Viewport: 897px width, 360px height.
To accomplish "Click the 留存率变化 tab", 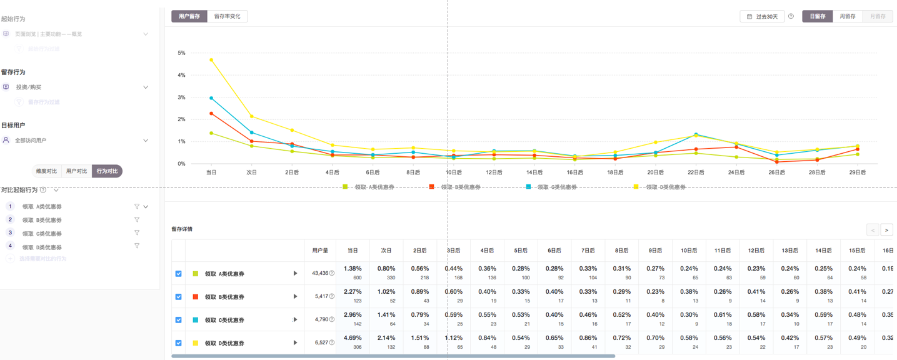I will coord(227,16).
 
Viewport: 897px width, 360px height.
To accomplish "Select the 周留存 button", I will coord(847,16).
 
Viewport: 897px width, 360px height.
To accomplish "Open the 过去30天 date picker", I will coord(762,16).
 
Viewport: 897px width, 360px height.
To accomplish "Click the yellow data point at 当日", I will coord(211,60).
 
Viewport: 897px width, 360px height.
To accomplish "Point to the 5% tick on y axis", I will coord(181,53).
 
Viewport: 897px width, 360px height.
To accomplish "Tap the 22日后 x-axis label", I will coord(695,172).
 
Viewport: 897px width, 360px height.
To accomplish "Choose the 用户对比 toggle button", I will coord(76,171).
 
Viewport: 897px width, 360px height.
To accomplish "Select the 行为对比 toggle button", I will coord(107,171).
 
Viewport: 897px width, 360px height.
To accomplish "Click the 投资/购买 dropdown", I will coord(75,87).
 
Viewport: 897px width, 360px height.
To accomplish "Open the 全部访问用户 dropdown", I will coord(75,141).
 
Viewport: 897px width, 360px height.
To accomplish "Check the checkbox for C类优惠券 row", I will coord(178,320).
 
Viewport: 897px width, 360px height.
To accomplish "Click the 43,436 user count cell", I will coord(321,273).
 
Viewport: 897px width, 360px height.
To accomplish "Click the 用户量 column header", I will coord(320,251).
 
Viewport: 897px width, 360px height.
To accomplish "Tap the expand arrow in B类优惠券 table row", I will coord(295,296).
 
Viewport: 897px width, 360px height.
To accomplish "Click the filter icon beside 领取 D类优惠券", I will coord(137,246).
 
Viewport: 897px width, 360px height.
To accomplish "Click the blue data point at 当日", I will coord(211,98).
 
